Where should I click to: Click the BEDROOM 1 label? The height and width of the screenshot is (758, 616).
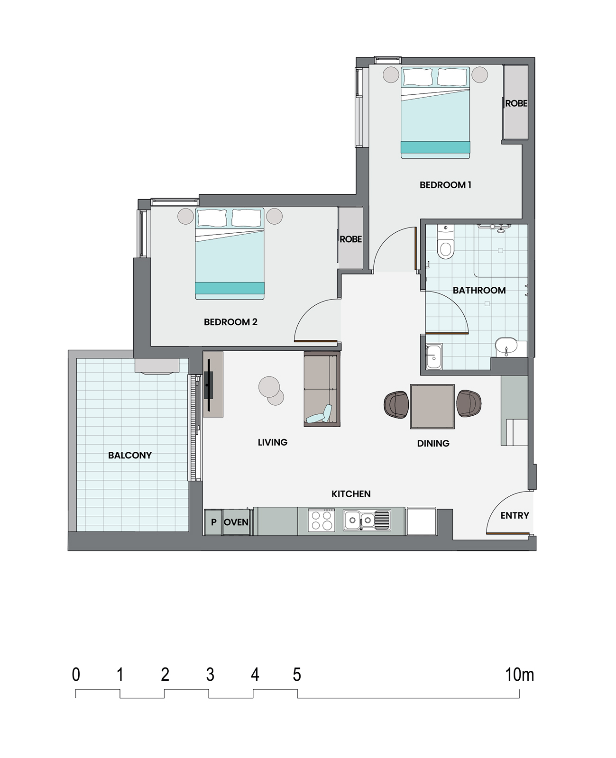tap(445, 185)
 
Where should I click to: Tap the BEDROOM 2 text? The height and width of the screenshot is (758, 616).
tap(230, 322)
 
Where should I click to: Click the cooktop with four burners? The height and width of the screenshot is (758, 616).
tap(321, 520)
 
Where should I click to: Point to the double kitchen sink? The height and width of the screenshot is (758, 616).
tap(366, 520)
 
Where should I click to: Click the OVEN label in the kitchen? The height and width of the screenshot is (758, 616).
tap(236, 522)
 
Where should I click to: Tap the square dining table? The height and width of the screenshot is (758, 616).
tap(432, 406)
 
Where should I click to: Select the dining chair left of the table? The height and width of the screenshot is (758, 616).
tap(396, 404)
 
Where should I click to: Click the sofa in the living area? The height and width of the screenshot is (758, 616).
tap(322, 389)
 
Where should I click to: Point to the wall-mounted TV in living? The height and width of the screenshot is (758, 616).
tap(209, 385)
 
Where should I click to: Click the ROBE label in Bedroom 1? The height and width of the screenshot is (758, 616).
tap(516, 103)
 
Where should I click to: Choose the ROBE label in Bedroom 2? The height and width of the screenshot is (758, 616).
tap(351, 239)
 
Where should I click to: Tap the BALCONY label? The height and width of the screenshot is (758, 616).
tap(130, 455)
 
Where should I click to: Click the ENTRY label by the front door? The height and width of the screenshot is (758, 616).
tap(515, 515)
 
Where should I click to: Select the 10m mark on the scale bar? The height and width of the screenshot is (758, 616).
tap(519, 675)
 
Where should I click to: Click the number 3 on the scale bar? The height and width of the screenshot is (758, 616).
tap(210, 675)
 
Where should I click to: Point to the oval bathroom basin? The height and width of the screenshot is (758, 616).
tap(506, 347)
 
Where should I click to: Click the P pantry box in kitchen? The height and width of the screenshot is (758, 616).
tap(213, 522)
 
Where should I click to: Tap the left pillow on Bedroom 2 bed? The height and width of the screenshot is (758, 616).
tap(211, 218)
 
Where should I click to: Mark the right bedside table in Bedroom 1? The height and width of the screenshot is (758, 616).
tap(479, 74)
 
